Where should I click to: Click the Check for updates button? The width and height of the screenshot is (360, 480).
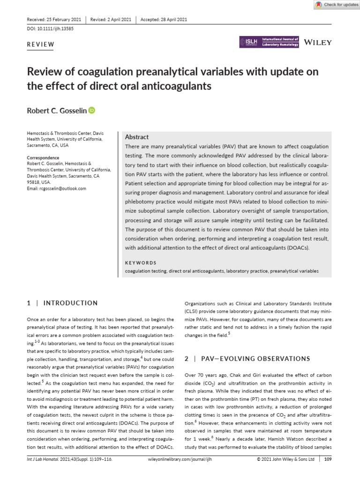335,5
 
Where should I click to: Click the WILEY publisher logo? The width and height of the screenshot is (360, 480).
318,42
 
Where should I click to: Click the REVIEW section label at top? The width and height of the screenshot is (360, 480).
41,45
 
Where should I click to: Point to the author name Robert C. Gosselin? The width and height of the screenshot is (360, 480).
57,111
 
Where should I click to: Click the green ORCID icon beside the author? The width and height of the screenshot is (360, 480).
91,111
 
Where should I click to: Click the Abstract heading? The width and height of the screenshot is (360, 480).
137,137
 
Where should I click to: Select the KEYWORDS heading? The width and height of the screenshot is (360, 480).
141,262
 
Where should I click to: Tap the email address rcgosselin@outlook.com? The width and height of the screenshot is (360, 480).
57,188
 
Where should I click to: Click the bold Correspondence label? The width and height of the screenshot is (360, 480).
43,158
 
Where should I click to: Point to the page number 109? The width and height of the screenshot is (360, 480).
328,472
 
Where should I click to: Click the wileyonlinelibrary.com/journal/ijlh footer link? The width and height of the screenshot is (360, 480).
180,472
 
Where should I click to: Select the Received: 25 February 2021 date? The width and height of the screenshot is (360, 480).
54,19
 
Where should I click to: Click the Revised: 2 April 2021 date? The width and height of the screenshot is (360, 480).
110,19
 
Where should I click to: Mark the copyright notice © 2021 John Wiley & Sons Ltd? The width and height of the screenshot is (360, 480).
285,472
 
